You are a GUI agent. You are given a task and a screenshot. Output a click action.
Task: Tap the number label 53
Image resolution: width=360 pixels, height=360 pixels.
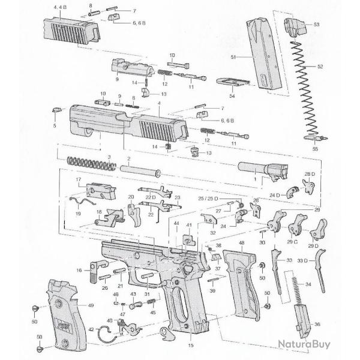(x=317, y=25)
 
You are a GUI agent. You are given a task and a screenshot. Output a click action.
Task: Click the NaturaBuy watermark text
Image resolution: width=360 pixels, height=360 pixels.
(x=305, y=344)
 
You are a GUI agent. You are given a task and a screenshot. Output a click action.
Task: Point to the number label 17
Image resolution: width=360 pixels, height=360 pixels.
(x=78, y=179)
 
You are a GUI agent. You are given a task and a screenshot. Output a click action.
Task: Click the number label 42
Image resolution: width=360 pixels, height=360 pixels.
(x=92, y=329)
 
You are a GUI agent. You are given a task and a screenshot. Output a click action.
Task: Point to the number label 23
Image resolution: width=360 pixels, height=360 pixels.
(x=177, y=197)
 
